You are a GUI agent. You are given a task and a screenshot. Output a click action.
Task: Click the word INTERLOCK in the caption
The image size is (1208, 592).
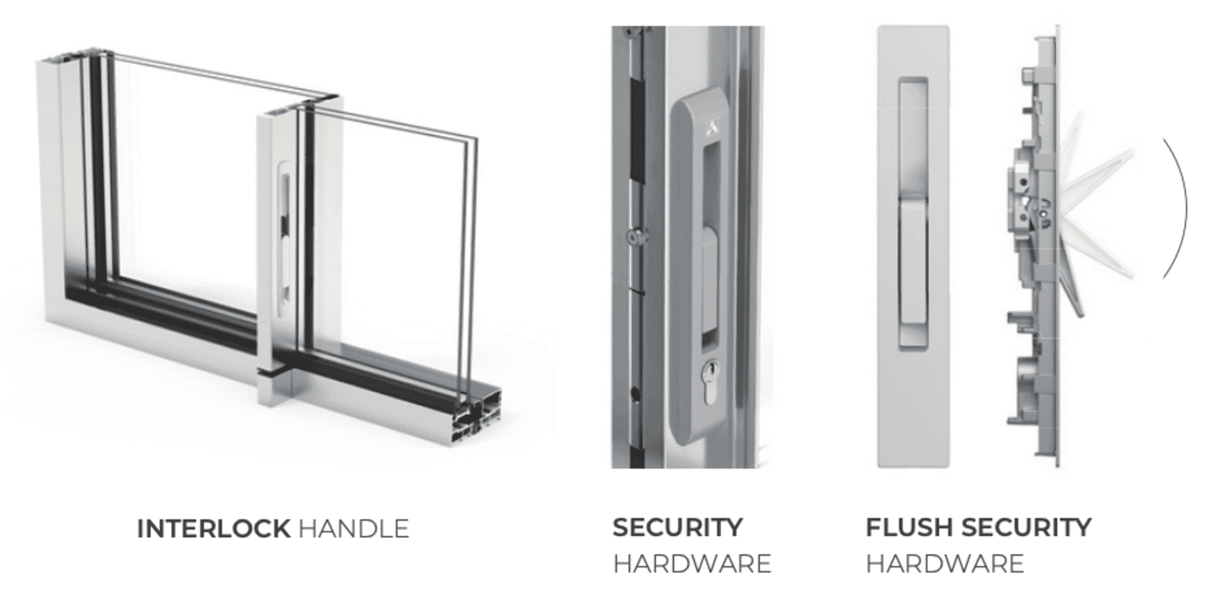click(x=213, y=528)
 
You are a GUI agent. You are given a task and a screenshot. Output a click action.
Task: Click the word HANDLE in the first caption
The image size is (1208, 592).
click(x=354, y=528)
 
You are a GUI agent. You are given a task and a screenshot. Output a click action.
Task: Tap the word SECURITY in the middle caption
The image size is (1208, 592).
click(x=678, y=527)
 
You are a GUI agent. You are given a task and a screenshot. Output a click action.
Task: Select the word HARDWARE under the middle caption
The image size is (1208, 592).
click(x=692, y=564)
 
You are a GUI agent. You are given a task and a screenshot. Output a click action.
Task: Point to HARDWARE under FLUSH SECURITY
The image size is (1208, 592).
click(x=944, y=564)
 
